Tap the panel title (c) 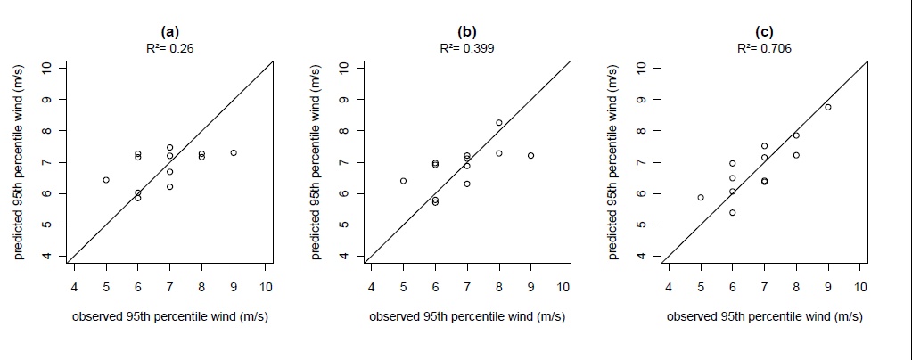(x=765, y=35)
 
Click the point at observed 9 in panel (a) (x=234, y=152)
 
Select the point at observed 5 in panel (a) (x=106, y=180)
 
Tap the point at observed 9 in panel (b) (x=530, y=155)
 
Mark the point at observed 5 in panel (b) (x=403, y=181)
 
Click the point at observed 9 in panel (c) (x=828, y=107)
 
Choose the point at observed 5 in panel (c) (x=701, y=198)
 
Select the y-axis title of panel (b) (x=318, y=162)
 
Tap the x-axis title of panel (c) (x=765, y=316)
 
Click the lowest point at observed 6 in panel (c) (x=733, y=213)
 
